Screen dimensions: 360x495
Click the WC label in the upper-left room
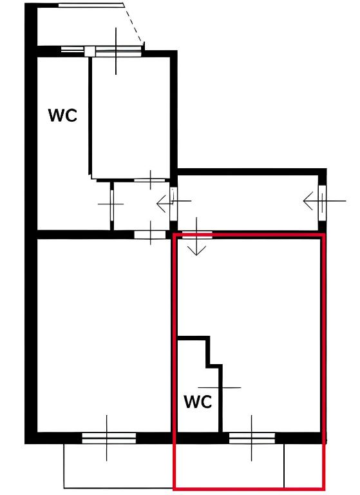[x=62, y=115]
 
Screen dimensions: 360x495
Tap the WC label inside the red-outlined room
[x=198, y=402]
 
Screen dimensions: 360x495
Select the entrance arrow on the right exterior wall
[x=325, y=201]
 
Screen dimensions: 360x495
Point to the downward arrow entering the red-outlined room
[x=196, y=236]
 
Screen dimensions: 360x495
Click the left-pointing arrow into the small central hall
[x=174, y=201]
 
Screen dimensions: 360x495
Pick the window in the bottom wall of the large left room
[x=109, y=438]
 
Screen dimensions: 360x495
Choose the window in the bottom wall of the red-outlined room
[x=252, y=438]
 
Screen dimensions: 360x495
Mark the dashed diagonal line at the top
[x=133, y=23]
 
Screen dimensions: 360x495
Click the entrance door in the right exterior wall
[x=322, y=203]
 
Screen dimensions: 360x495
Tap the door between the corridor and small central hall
[x=173, y=204]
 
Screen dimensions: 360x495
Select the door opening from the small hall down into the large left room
[x=150, y=235]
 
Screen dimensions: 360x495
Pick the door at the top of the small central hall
[x=149, y=180]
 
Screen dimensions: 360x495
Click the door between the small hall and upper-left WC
[x=112, y=204]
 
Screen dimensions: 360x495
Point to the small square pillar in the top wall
[x=90, y=52]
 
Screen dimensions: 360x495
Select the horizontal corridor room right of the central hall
[x=248, y=202]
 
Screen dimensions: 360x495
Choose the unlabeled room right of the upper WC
[x=131, y=117]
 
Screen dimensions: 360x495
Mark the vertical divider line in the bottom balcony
[x=284, y=466]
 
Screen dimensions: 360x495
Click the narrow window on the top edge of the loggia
[x=91, y=5]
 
